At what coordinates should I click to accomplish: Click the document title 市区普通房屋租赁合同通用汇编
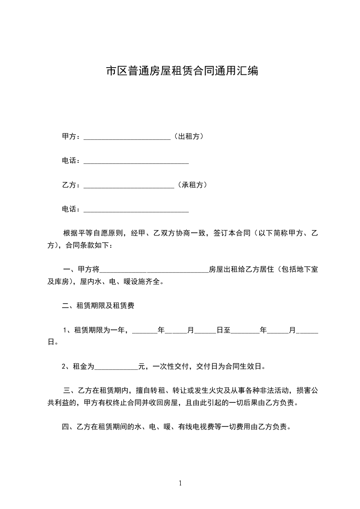pyautogui.click(x=182, y=71)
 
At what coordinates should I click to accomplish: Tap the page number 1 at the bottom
pyautogui.click(x=181, y=483)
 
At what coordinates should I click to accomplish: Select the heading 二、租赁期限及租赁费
pyautogui.click(x=98, y=306)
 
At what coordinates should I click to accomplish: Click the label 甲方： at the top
pyautogui.click(x=72, y=136)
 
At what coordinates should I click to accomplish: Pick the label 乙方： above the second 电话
pyautogui.click(x=72, y=185)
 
